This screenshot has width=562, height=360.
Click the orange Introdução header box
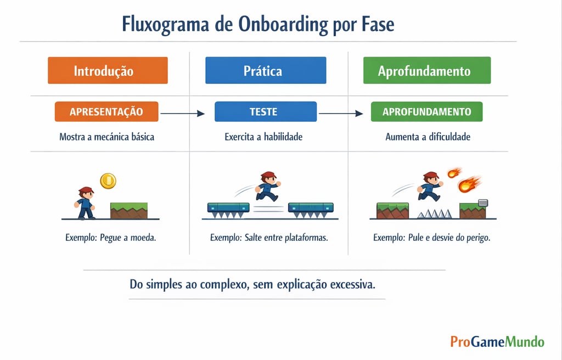tap(108, 71)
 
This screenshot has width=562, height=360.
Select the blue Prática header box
tap(266, 71)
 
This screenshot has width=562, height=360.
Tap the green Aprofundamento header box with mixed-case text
tap(427, 71)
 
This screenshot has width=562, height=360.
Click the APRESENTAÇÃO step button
tap(106, 111)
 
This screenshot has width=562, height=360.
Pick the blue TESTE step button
tap(266, 111)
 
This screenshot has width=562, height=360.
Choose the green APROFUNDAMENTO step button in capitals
tap(426, 111)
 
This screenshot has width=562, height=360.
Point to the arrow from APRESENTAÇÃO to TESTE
tap(182, 114)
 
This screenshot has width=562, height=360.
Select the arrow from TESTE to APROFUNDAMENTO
tap(341, 114)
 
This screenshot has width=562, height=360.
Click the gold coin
tap(108, 180)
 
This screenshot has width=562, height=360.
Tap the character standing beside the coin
tap(85, 203)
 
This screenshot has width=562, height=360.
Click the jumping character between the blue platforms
tap(267, 186)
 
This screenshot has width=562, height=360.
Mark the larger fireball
tap(468, 184)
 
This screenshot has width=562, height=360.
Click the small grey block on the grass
tap(482, 203)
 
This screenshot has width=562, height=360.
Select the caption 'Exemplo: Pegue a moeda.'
tap(110, 238)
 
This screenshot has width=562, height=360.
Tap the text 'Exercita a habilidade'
tap(263, 137)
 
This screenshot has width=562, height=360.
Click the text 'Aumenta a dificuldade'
tap(428, 137)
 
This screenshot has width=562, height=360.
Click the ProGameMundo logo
tap(497, 341)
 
